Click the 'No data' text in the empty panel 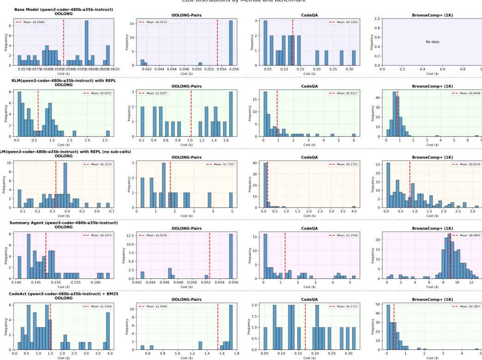[x=432, y=42]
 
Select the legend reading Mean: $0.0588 [x=29, y=22]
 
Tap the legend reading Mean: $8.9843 [x=464, y=235]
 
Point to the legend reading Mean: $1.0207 [x=219, y=93]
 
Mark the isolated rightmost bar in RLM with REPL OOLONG [x=108, y=133]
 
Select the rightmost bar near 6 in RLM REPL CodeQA [x=354, y=135]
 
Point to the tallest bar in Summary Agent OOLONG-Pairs [x=231, y=256]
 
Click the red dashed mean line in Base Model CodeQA [x=293, y=42]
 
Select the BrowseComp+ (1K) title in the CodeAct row [x=432, y=299]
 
